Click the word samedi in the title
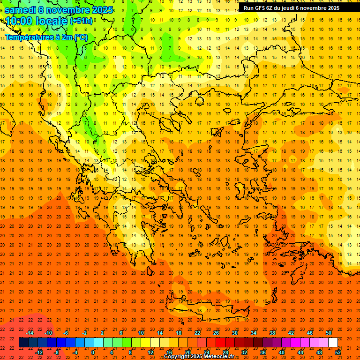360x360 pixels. click(22, 9)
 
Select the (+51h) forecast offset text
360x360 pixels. click(81, 21)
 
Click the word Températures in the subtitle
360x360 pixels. click(28, 37)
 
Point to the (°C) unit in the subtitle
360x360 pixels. click(81, 37)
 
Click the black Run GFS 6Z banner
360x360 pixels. click(291, 8)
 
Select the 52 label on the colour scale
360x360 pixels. click(338, 352)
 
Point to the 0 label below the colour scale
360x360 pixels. click(93, 352)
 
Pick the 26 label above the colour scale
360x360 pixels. click(216, 333)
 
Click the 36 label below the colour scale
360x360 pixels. click(263, 352)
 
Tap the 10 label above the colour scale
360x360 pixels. click(141, 333)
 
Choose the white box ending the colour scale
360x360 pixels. click(333, 342)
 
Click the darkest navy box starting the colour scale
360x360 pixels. click(23, 342)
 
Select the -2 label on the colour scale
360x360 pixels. click(84, 333)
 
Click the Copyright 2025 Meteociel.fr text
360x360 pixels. click(199, 357)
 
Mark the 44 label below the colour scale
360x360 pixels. click(300, 352)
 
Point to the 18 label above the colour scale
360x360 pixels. click(179, 333)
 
